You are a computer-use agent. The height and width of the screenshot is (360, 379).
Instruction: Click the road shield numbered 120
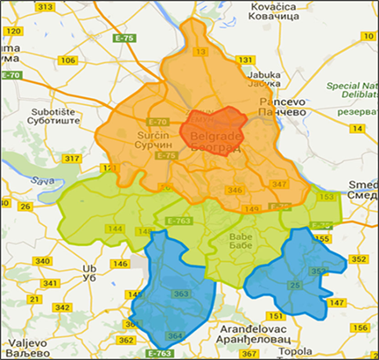click(12, 32)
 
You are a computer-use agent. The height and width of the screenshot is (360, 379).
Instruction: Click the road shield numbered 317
click(73, 159)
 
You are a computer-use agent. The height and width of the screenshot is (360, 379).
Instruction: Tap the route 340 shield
click(40, 262)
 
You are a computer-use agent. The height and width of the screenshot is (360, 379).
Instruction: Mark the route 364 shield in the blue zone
click(175, 336)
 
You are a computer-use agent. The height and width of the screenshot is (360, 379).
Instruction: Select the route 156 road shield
click(358, 328)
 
